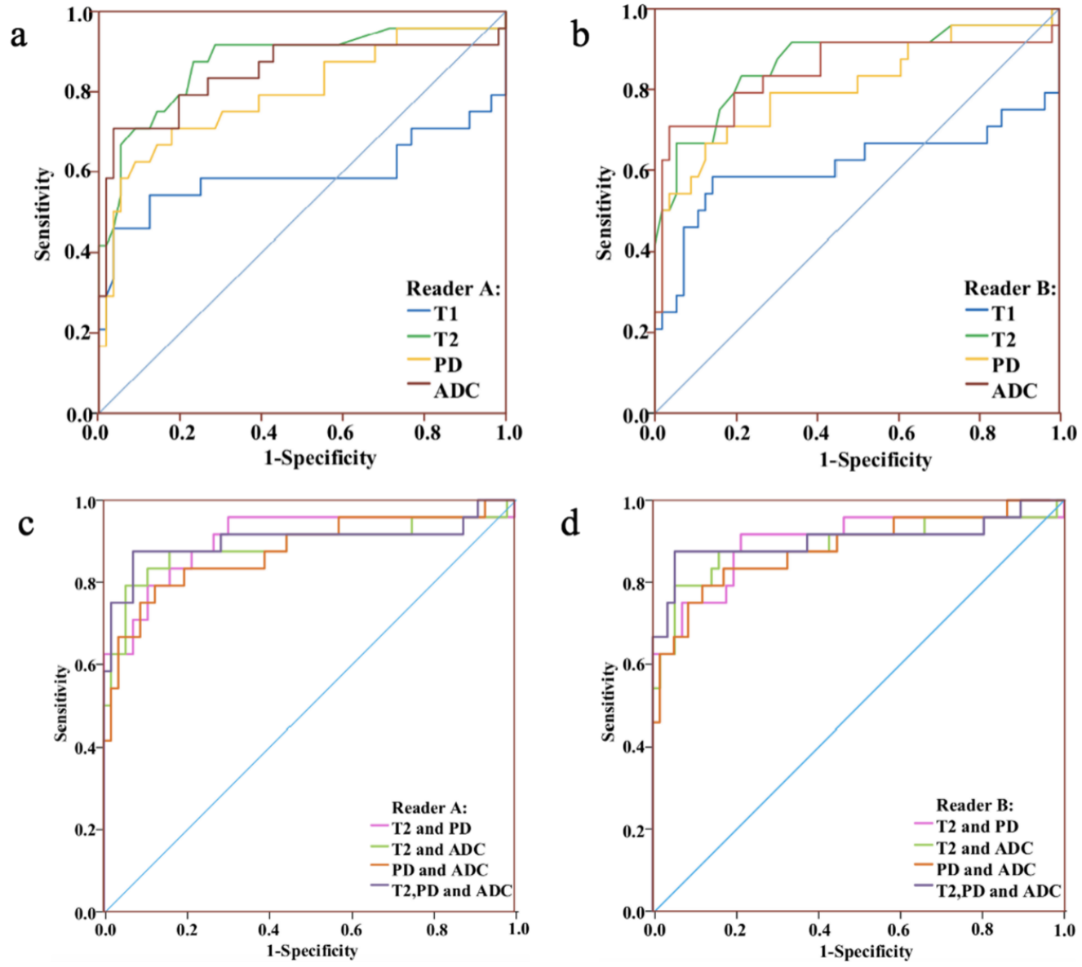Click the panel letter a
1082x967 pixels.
coord(18,37)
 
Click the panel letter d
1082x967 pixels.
coord(570,523)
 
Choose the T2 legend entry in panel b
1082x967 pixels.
coord(1004,339)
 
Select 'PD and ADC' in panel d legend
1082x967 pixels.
coord(986,870)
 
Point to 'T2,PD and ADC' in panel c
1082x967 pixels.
coord(451,890)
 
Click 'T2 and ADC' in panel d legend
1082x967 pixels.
coord(984,849)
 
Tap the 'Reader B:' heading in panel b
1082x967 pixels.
coord(1010,289)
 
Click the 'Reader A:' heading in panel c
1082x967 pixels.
coord(429,808)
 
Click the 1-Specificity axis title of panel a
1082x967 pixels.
coord(320,458)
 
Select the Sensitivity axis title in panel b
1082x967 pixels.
coord(604,213)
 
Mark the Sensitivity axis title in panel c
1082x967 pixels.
coord(61,703)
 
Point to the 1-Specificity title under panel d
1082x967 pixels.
coord(866,952)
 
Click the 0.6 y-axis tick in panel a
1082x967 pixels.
coord(79,171)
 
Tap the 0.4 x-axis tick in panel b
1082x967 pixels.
coord(816,432)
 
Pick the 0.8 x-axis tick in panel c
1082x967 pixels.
coord(437,929)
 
